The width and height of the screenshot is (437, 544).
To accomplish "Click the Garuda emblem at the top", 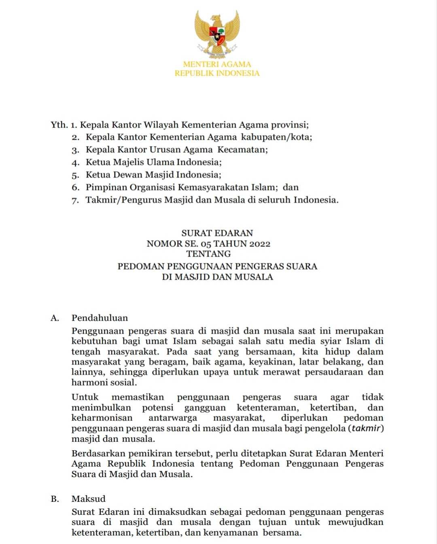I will [x=217, y=34].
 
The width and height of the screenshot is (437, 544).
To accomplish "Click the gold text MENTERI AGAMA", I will [x=217, y=64].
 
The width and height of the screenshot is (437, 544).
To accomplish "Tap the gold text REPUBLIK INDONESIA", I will [x=217, y=73].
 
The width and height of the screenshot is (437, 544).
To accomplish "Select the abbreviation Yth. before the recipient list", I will [x=59, y=124].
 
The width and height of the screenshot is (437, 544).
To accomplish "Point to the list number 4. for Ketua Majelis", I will [x=75, y=163].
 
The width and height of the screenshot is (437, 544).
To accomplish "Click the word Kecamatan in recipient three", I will [x=242, y=150].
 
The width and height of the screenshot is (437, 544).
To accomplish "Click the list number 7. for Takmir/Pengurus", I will [x=75, y=200].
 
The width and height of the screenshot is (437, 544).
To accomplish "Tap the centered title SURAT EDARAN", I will [x=217, y=233].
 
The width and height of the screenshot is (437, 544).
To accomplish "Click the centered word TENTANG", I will [x=209, y=254].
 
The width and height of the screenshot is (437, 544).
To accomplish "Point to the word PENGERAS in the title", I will [x=259, y=267].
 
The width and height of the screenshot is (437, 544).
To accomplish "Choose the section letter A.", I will [x=55, y=318].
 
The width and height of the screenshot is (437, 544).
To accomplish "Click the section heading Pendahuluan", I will [x=100, y=318].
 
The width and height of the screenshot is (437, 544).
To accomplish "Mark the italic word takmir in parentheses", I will [x=366, y=428].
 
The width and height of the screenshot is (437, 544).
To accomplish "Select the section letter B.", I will [x=55, y=499].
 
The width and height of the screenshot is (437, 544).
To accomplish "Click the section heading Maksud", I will [x=88, y=499].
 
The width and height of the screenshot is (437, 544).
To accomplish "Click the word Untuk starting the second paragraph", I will [x=85, y=397].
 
